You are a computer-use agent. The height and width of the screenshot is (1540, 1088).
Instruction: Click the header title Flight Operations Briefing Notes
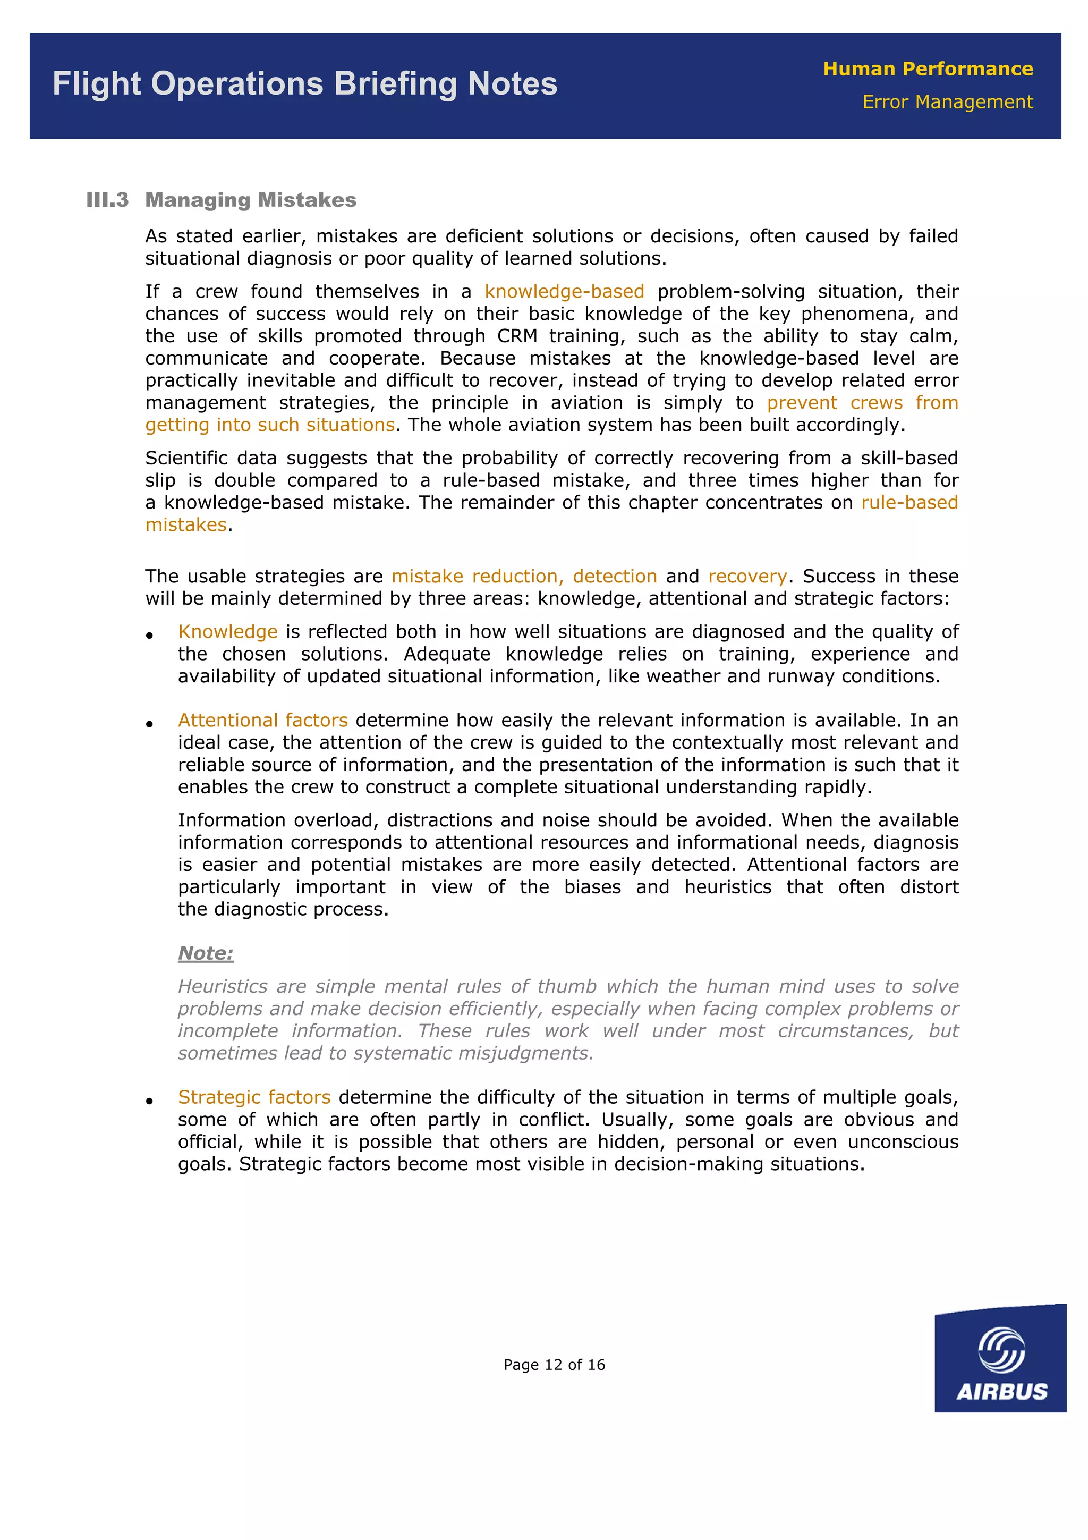[305, 84]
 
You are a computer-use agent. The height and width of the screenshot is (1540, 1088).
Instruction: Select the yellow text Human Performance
[928, 69]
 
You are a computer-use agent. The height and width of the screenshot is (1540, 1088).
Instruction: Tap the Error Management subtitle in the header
[947, 102]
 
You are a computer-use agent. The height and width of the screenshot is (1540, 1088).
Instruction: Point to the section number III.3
[107, 200]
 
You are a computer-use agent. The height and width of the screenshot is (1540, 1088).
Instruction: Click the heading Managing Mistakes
[251, 200]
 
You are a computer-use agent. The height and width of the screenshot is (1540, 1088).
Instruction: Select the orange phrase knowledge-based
[564, 292]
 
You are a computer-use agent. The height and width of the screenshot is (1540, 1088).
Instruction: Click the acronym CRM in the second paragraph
[517, 336]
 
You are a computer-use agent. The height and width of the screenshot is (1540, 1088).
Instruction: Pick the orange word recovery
[747, 576]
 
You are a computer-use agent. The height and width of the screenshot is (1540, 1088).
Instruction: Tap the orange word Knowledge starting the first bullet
[228, 632]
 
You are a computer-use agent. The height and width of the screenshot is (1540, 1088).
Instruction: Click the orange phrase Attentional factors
[263, 721]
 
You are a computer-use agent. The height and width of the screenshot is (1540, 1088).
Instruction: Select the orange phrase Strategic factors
[254, 1097]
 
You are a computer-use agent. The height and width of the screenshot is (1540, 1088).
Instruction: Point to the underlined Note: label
[206, 953]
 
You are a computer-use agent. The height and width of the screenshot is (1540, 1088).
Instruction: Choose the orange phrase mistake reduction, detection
[524, 576]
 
